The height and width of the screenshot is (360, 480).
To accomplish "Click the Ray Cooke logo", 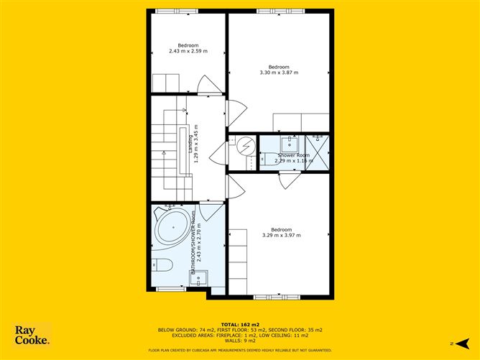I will click(32, 336).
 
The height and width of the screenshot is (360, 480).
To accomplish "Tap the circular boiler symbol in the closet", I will click(245, 147).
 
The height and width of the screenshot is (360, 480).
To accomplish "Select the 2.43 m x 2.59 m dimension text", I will click(188, 51).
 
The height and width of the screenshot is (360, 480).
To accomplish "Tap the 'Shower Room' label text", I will click(293, 155).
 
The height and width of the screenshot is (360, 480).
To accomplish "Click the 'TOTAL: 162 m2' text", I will click(240, 324).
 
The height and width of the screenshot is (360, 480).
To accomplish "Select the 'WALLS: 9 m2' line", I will click(240, 341).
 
